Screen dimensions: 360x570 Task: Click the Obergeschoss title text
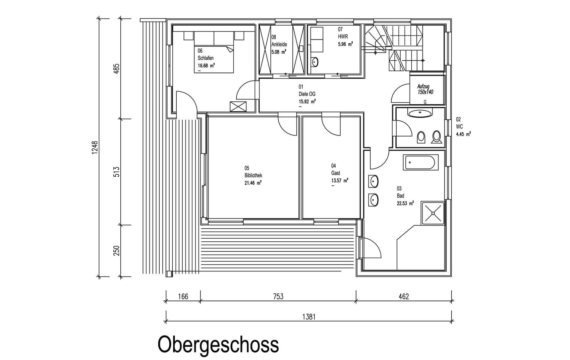218,345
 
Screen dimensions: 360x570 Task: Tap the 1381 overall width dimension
309,317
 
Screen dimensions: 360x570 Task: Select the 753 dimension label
278,296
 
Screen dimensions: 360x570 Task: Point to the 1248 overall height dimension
95,148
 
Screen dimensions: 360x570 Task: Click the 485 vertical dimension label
116,69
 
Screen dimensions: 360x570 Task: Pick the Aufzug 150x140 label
425,89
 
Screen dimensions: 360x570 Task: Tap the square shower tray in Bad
433,212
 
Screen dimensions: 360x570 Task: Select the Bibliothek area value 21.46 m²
253,183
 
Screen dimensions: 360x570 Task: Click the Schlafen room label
205,58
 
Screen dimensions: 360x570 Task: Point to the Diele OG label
307,94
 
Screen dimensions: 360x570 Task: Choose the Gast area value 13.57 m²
340,181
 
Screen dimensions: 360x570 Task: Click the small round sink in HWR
315,62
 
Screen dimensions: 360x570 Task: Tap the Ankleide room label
279,44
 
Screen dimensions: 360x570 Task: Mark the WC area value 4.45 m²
463,134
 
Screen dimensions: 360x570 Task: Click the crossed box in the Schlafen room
238,106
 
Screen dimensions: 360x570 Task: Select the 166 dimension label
183,296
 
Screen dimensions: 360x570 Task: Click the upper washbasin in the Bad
373,182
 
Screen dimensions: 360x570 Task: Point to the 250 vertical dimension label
116,251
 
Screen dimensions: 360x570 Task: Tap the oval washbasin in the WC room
420,114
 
